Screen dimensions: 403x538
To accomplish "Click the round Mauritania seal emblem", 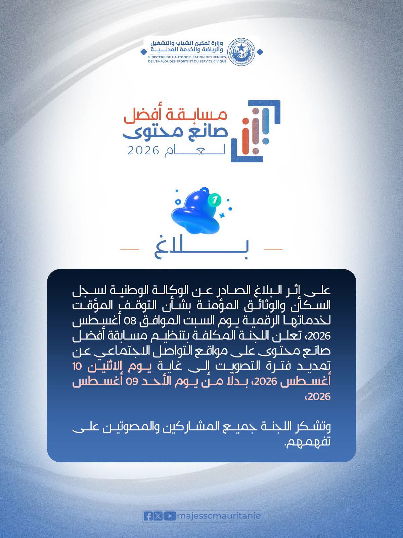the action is coord(241,51).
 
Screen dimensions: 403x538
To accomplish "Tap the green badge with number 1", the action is coord(215,200).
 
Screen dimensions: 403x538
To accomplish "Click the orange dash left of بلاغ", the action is coord(130,249).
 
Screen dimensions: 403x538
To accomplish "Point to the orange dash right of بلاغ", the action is coord(273,249).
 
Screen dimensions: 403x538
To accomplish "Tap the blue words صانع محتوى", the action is coord(175,133).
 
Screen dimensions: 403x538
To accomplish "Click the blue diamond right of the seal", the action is coord(260,52).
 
